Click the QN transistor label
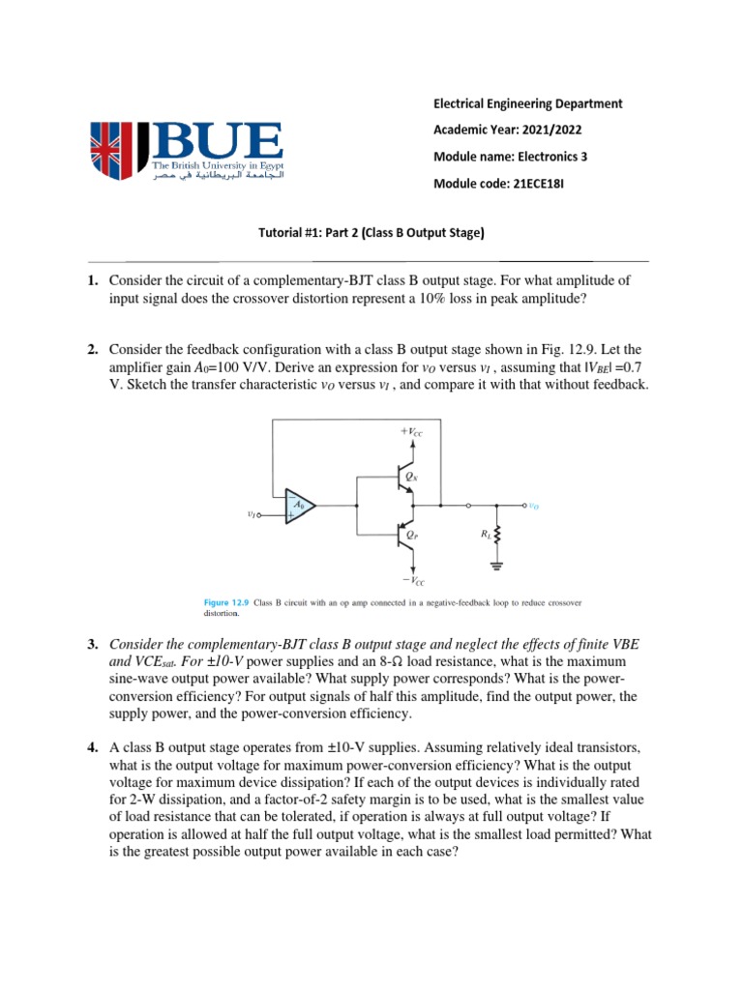(x=411, y=478)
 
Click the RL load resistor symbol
(x=500, y=533)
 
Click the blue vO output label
(x=534, y=505)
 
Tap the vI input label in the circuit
(x=252, y=514)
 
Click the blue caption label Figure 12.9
(x=227, y=602)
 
